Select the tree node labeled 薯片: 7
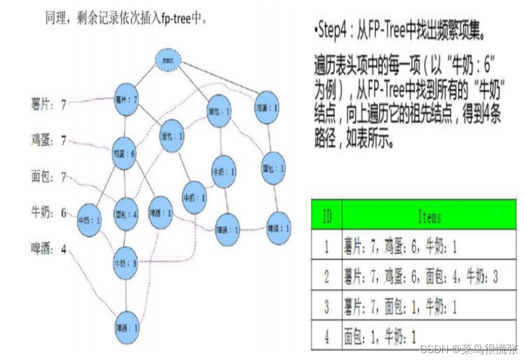126,99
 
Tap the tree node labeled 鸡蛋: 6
124,153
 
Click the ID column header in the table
327,216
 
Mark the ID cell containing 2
327,278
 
